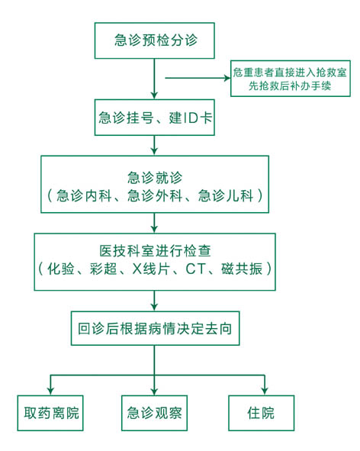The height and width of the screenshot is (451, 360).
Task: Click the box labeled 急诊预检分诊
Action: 155,40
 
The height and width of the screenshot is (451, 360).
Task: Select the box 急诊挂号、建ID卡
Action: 155,118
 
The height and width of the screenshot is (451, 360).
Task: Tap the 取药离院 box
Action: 50,413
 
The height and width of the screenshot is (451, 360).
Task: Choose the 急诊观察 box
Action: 154,413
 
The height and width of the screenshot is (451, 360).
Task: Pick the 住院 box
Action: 262,413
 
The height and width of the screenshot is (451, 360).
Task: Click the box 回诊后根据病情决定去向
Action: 156,328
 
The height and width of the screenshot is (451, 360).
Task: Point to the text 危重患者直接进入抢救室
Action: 290,72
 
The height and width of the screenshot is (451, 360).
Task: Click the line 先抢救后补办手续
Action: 290,85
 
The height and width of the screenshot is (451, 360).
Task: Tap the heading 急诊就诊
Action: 155,178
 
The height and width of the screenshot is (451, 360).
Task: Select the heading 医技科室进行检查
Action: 156,251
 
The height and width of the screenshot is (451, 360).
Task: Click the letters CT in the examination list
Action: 196,269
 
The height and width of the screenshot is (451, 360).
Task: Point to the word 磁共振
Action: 242,269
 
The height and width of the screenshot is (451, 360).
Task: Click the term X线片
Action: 150,269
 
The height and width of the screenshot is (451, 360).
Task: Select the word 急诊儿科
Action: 226,196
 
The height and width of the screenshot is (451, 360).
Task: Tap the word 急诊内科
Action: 84,196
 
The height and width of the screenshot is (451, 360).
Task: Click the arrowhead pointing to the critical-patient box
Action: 227,78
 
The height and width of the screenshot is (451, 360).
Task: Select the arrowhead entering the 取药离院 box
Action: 50,391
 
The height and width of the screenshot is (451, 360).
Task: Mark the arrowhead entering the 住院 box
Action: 265,391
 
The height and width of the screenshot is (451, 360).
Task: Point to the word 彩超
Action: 103,269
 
